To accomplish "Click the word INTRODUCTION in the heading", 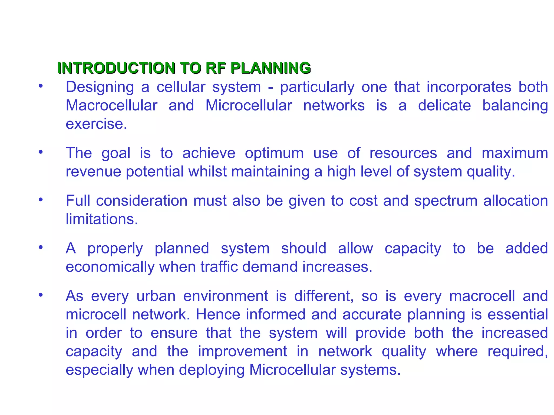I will (117, 68).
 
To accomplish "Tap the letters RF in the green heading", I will (215, 68).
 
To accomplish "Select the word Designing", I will (100, 87).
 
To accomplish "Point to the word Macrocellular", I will (111, 105).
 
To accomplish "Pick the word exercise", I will (96, 124).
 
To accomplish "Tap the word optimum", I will (274, 153).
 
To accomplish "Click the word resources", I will (403, 153).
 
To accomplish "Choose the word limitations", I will (102, 219).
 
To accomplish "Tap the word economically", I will (110, 267).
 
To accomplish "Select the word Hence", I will (218, 314).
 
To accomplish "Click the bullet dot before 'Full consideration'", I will (41, 200).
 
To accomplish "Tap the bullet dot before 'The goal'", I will (41, 152).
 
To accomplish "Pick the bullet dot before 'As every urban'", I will (41, 295).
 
